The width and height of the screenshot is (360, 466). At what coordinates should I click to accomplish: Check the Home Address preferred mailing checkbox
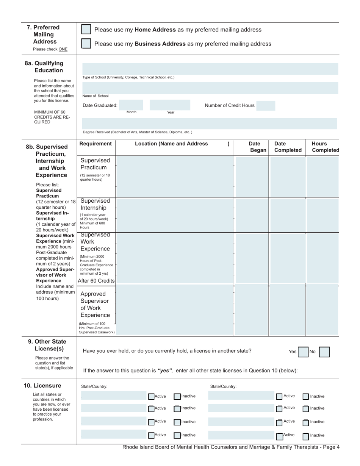[86, 30]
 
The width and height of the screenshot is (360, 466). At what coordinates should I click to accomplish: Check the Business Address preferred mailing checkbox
[86, 44]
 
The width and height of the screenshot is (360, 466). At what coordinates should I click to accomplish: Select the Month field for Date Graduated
[131, 105]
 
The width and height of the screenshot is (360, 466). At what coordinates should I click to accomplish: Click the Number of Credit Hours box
[266, 105]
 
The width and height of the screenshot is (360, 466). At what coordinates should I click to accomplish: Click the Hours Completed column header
[325, 147]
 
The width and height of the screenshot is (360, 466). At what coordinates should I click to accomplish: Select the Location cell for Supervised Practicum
[175, 176]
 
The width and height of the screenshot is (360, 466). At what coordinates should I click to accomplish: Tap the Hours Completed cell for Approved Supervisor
[322, 310]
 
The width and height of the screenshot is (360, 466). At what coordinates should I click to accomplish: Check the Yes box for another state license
[303, 352]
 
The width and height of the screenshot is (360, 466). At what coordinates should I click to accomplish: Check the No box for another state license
[324, 352]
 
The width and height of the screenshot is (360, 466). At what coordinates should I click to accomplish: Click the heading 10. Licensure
[42, 386]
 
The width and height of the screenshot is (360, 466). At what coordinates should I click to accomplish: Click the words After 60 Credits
[96, 281]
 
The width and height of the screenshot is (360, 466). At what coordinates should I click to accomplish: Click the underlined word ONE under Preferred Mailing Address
[63, 49]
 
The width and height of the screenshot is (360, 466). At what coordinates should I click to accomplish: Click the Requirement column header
[96, 144]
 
